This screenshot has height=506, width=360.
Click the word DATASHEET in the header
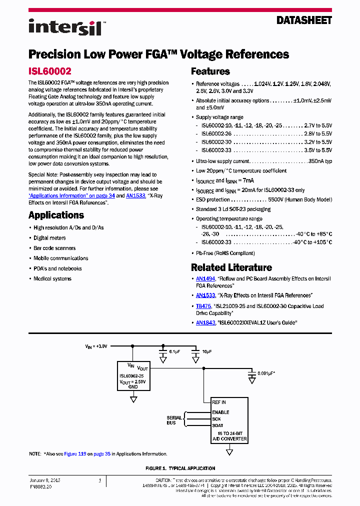click(304, 20)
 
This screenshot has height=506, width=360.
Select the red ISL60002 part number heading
click(50, 71)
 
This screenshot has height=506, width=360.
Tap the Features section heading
click(210, 71)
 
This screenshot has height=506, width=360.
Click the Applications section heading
click(56, 215)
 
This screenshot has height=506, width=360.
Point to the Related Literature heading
click(231, 267)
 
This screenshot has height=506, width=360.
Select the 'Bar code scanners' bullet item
click(54, 248)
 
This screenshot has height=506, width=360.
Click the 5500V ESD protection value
click(275, 199)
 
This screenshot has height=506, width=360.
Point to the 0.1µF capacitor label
click(174, 352)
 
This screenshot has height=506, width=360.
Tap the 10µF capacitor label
click(206, 352)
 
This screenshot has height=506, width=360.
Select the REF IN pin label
click(219, 402)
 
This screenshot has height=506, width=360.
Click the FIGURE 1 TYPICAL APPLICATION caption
click(180, 468)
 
